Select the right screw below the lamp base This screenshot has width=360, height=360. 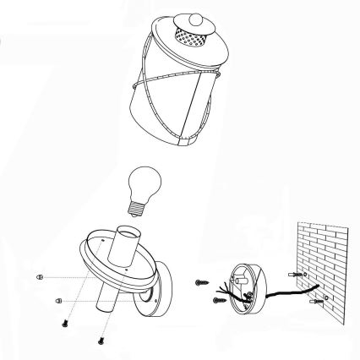[x=100, y=340]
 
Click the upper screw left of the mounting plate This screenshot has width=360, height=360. [x=201, y=281]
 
